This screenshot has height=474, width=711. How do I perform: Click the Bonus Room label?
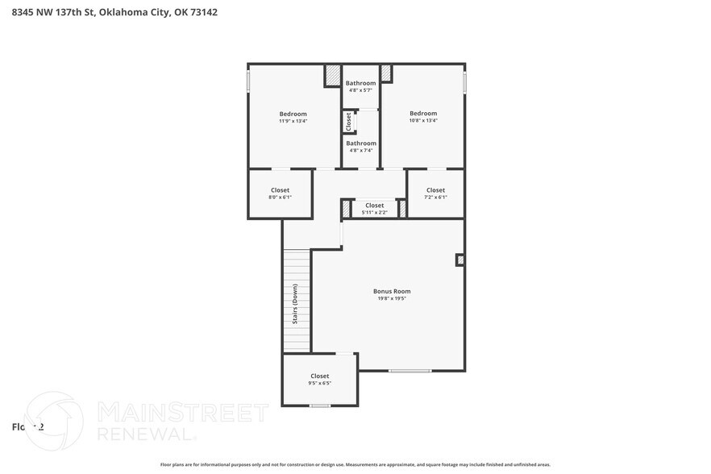pyautogui.click(x=392, y=291)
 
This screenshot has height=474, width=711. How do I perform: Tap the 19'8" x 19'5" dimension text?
pyautogui.click(x=392, y=298)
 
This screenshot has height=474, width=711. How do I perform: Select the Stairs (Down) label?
pyautogui.click(x=295, y=306)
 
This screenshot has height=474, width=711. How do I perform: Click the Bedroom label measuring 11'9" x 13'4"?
pyautogui.click(x=293, y=114)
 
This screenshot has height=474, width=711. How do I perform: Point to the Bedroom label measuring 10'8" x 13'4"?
pyautogui.click(x=422, y=113)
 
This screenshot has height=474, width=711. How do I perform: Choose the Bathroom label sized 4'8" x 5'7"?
pyautogui.click(x=360, y=83)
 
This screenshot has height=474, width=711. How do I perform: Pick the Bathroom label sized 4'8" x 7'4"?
pyautogui.click(x=360, y=143)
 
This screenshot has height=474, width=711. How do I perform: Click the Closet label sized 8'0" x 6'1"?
pyautogui.click(x=280, y=190)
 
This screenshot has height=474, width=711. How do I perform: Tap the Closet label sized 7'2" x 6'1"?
pyautogui.click(x=435, y=190)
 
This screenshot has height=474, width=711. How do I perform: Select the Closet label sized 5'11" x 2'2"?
pyautogui.click(x=374, y=206)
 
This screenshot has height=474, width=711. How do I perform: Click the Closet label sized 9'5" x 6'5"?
pyautogui.click(x=320, y=376)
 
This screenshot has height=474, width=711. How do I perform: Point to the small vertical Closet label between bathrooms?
pyautogui.click(x=348, y=122)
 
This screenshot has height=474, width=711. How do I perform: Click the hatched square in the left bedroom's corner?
pyautogui.click(x=333, y=76)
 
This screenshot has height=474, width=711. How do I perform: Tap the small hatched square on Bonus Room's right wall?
pyautogui.click(x=460, y=260)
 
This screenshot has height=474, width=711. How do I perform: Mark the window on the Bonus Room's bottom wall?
pyautogui.click(x=410, y=371)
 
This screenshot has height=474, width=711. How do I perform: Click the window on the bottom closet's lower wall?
pyautogui.click(x=320, y=405)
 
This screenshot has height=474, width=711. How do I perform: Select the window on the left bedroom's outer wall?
pyautogui.click(x=248, y=81)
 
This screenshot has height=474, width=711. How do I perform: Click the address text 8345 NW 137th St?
pyautogui.click(x=55, y=12)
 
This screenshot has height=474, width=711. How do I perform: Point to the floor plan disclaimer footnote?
pyautogui.click(x=355, y=464)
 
